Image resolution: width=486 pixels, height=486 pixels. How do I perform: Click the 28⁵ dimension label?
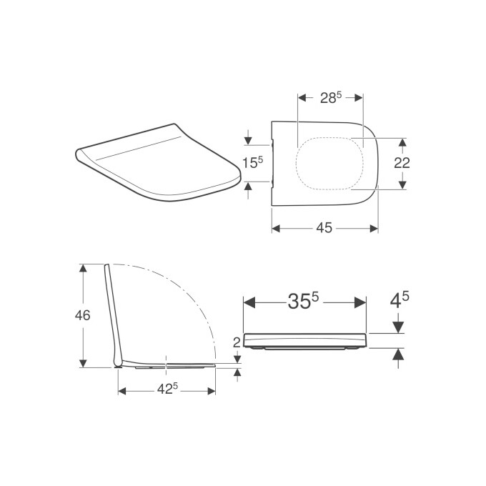click(x=330, y=98)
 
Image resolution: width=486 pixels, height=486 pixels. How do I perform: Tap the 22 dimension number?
click(x=402, y=163)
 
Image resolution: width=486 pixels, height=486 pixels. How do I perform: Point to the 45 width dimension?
click(x=324, y=228)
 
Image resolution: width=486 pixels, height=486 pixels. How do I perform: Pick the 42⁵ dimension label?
click(x=167, y=390)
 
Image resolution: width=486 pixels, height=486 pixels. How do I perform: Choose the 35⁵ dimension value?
click(x=304, y=302)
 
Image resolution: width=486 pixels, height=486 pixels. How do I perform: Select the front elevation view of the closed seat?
click(x=306, y=342)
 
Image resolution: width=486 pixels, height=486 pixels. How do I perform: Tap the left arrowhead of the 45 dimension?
click(x=276, y=228)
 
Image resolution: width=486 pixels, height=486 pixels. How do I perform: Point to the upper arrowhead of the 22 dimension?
click(x=402, y=142)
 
